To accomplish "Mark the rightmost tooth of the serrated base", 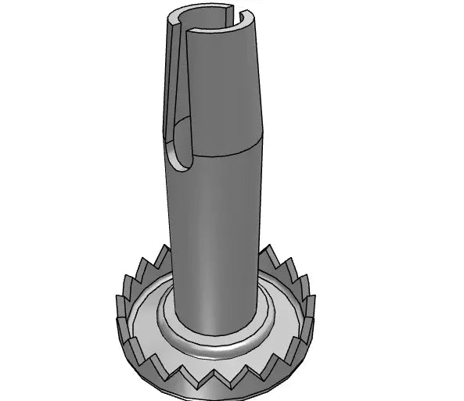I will pos(311,301).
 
